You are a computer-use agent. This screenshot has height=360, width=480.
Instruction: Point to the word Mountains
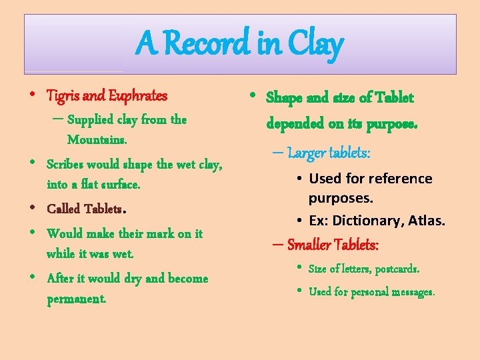pos(97,140)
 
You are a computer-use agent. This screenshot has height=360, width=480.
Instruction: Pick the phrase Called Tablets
pos(85,209)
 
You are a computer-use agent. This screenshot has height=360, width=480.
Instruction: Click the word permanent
pos(76,299)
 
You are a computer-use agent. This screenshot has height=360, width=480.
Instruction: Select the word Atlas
pos(427,220)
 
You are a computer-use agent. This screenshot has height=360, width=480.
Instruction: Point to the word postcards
pos(397,269)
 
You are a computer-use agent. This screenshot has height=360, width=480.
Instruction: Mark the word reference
pos(399,179)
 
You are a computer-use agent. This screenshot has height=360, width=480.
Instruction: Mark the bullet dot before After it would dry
pos(33,279)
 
